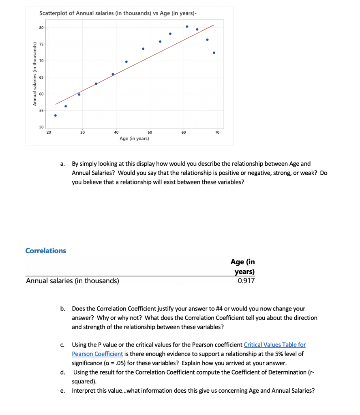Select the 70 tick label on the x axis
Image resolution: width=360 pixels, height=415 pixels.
[217, 133]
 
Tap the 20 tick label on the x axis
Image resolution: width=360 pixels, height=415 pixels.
[49, 133]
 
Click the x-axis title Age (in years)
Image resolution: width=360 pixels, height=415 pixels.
[134, 139]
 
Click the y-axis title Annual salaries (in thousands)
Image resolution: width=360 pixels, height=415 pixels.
[35, 76]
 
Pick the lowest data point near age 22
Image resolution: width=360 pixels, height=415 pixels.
[56, 116]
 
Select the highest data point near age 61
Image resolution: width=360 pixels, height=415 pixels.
[187, 26]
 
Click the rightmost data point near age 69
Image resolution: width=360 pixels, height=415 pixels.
[214, 53]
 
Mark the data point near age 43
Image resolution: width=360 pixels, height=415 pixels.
[126, 62]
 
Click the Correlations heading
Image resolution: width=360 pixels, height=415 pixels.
[45, 250]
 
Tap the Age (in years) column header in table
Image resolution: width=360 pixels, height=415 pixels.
[243, 267]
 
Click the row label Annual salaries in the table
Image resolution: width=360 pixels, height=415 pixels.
[73, 280]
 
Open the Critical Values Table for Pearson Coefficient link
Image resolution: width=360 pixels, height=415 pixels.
[274, 345]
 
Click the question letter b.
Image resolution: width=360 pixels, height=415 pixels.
[63, 309]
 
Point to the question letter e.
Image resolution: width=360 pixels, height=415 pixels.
[62, 391]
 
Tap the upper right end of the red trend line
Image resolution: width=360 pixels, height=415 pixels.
[214, 25]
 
